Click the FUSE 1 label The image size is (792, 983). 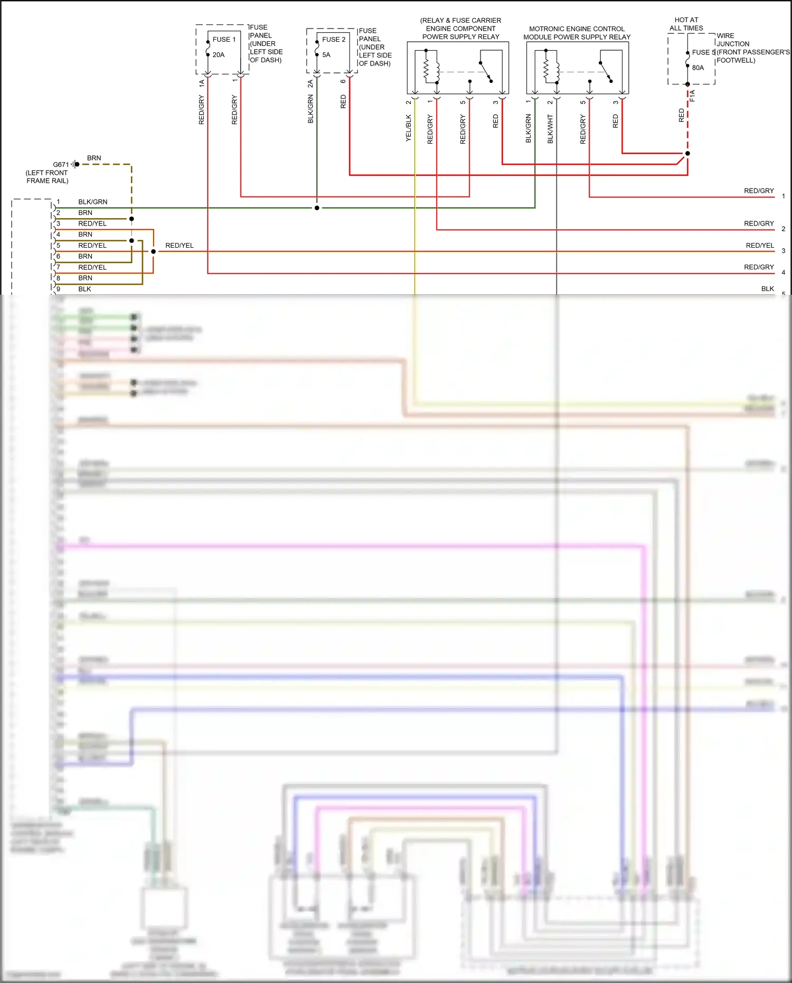coord(224,40)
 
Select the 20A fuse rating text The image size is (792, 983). coord(219,55)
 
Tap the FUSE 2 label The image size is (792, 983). coord(334,40)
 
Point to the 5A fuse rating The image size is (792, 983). coord(326,55)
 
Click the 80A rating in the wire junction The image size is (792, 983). coord(698,68)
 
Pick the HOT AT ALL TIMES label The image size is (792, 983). coord(686,24)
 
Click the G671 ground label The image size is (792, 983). coord(61,165)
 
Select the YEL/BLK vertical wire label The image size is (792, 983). coord(409,128)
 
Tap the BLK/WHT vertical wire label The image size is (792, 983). coord(550,129)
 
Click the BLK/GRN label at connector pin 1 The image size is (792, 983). coord(93,202)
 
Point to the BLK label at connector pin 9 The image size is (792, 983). coord(84,289)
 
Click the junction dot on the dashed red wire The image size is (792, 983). coord(687,154)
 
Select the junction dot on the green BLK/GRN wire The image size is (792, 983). coord(317,208)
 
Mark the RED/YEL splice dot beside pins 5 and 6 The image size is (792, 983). coord(154,251)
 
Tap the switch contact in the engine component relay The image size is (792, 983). coord(486,71)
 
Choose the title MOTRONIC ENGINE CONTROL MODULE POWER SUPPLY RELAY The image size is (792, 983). coord(577,33)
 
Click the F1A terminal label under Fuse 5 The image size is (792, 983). coord(692,96)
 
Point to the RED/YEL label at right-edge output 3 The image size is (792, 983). coord(760,246)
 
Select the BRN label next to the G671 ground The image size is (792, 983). coord(94,158)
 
